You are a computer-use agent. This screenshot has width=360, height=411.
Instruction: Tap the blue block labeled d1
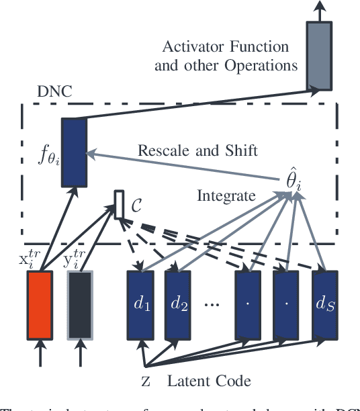tap(140, 304)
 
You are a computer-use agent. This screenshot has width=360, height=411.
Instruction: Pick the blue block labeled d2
tap(179, 304)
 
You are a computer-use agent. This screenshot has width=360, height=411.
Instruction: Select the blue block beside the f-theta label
tap(72, 152)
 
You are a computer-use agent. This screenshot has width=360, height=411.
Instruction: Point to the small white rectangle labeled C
tap(119, 205)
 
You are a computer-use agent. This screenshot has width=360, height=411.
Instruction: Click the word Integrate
tap(225, 195)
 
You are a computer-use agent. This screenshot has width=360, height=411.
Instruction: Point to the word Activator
tap(190, 48)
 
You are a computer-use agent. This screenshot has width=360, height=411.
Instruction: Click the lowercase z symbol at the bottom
tap(146, 383)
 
